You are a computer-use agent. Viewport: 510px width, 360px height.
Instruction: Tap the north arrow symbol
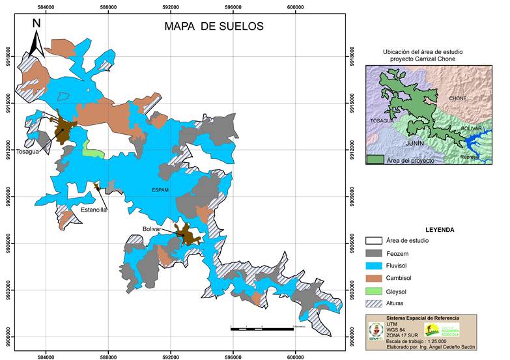click(x=36, y=39)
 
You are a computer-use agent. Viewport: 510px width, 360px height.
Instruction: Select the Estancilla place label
click(x=93, y=210)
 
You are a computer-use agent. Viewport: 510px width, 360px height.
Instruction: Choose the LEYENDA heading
click(x=440, y=230)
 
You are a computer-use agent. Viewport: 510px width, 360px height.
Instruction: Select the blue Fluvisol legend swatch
click(x=380, y=266)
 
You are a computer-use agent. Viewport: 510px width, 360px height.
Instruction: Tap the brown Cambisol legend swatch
click(x=380, y=279)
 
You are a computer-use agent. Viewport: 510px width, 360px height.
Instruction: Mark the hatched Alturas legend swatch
click(x=380, y=303)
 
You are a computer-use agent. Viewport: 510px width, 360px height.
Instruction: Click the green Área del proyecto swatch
click(x=374, y=159)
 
